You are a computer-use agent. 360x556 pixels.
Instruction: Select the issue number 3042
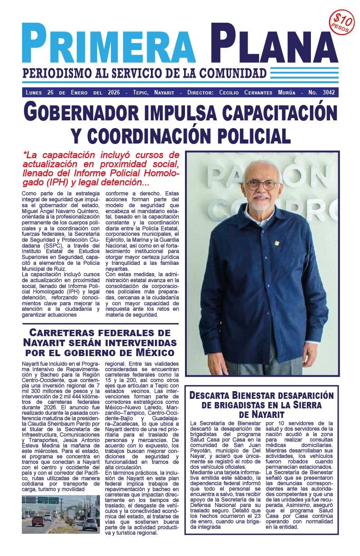[x=327, y=93]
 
